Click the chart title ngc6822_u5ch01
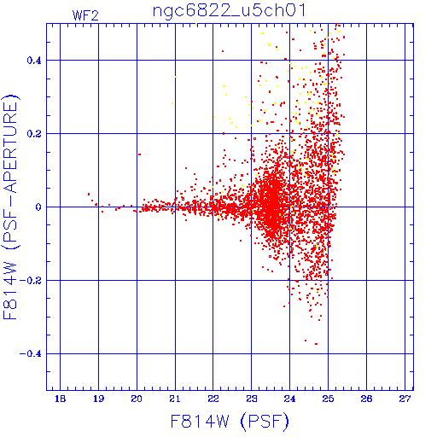point(230,11)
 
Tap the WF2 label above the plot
point(85,15)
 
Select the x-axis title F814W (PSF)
point(230,421)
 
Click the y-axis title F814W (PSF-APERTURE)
point(11,207)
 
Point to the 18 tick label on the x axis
point(60,399)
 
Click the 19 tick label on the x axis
point(98,399)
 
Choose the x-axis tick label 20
point(137,399)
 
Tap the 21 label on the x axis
point(175,399)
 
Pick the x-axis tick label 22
point(213,399)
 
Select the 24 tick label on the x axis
point(289,399)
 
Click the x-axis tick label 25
point(328,399)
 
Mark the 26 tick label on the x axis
point(366,399)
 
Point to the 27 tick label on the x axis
point(405,399)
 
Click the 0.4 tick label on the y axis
point(34,61)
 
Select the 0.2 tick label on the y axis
point(34,134)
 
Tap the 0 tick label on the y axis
point(38,207)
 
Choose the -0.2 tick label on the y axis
point(31,281)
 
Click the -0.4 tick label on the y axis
point(31,354)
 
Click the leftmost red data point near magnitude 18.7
point(89,194)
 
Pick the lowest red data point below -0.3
point(316,344)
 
